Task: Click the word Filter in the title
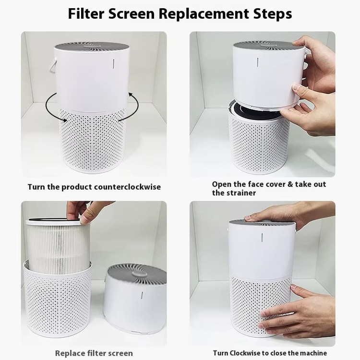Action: pyautogui.click(x=86, y=14)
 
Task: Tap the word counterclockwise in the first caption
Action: pyautogui.click(x=127, y=187)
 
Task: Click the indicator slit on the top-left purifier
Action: pyautogui.click(x=113, y=64)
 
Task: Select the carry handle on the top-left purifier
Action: pyautogui.click(x=52, y=66)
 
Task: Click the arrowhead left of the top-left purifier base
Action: pyautogui.click(x=65, y=120)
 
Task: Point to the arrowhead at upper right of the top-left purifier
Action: pyautogui.click(x=131, y=95)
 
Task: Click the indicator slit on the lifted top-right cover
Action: pyautogui.click(x=258, y=62)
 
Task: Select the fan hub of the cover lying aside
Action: pyautogui.click(x=139, y=274)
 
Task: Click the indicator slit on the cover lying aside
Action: pyautogui.click(x=142, y=297)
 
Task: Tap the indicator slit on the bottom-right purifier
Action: pyautogui.click(x=262, y=238)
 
